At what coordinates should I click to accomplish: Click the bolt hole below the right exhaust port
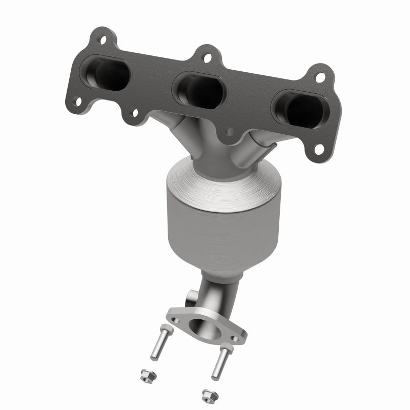(x=318, y=149)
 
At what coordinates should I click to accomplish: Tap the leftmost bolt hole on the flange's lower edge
(x=77, y=102)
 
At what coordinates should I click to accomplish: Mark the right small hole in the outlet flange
(x=236, y=338)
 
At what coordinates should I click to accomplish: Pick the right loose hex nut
(x=207, y=395)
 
